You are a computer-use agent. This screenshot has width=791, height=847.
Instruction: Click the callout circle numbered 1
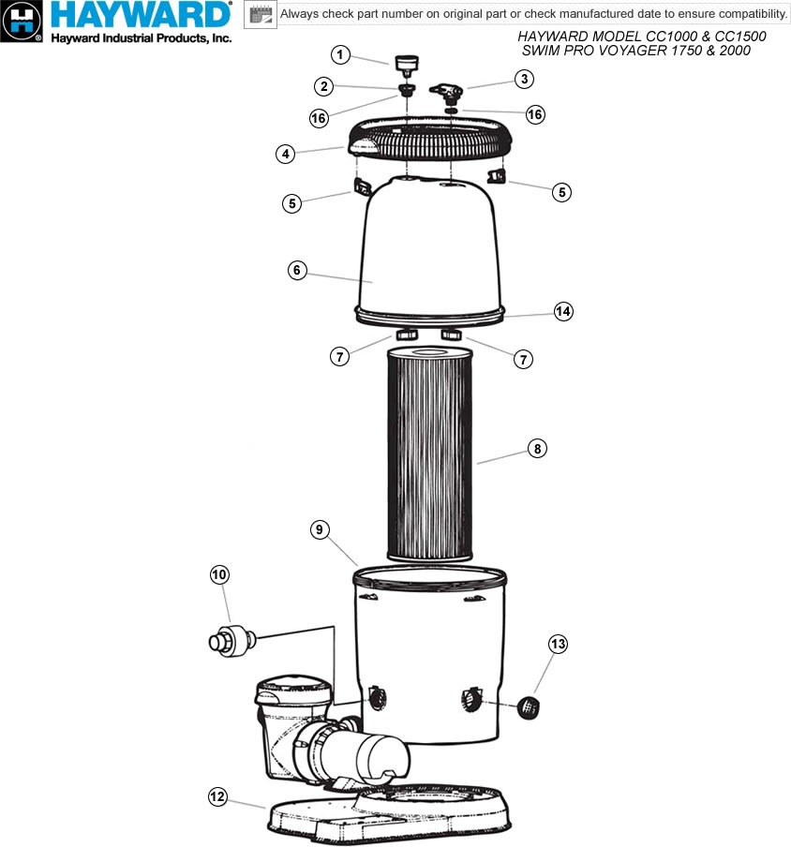click(x=340, y=54)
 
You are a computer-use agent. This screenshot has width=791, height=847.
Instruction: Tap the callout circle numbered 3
click(x=524, y=79)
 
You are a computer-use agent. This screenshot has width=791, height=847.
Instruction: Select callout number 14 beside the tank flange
click(x=563, y=311)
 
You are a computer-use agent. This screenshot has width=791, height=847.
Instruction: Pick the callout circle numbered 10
click(x=219, y=574)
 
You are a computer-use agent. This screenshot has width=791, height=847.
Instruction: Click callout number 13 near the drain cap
click(x=559, y=644)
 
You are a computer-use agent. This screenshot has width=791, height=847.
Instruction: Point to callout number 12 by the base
click(x=217, y=796)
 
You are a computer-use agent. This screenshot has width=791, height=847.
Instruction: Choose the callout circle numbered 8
click(x=537, y=449)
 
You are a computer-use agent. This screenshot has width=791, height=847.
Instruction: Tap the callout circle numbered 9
click(x=320, y=529)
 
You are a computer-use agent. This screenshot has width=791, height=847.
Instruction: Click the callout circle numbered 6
click(x=297, y=270)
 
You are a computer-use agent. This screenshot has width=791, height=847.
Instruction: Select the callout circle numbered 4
click(x=285, y=154)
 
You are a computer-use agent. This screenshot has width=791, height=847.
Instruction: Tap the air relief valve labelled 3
click(x=446, y=94)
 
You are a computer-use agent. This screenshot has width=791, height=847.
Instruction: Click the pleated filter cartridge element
click(x=429, y=453)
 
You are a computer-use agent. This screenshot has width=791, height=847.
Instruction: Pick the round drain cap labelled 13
click(x=529, y=707)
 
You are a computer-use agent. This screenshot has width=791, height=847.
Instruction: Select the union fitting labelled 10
click(x=232, y=641)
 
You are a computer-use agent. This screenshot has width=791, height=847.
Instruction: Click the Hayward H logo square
click(x=22, y=21)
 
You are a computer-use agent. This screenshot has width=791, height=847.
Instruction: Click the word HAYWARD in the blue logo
click(x=141, y=16)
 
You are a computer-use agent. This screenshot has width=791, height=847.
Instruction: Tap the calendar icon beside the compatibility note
click(x=261, y=14)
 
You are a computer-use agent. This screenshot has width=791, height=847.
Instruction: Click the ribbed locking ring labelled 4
click(x=429, y=140)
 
